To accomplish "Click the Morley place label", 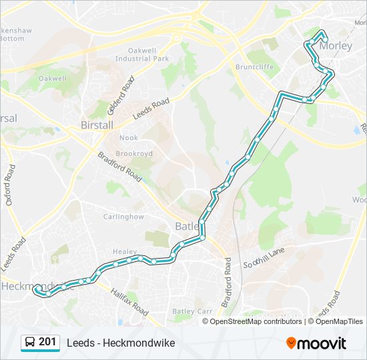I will (x=335, y=47).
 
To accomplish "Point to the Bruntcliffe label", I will (x=254, y=67).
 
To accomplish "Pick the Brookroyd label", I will (x=134, y=153).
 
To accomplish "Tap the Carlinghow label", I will (x=123, y=217).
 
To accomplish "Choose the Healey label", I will (x=124, y=251).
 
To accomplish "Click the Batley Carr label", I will (x=192, y=311).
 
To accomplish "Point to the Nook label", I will (x=128, y=138).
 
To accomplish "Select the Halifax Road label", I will (x=130, y=301).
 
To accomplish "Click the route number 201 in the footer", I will (x=47, y=342).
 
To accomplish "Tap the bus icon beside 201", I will (x=30, y=343).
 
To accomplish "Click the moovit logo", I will (x=316, y=343).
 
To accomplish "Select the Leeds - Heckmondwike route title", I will (x=121, y=343).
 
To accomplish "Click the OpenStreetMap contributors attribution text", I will (x=256, y=321).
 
